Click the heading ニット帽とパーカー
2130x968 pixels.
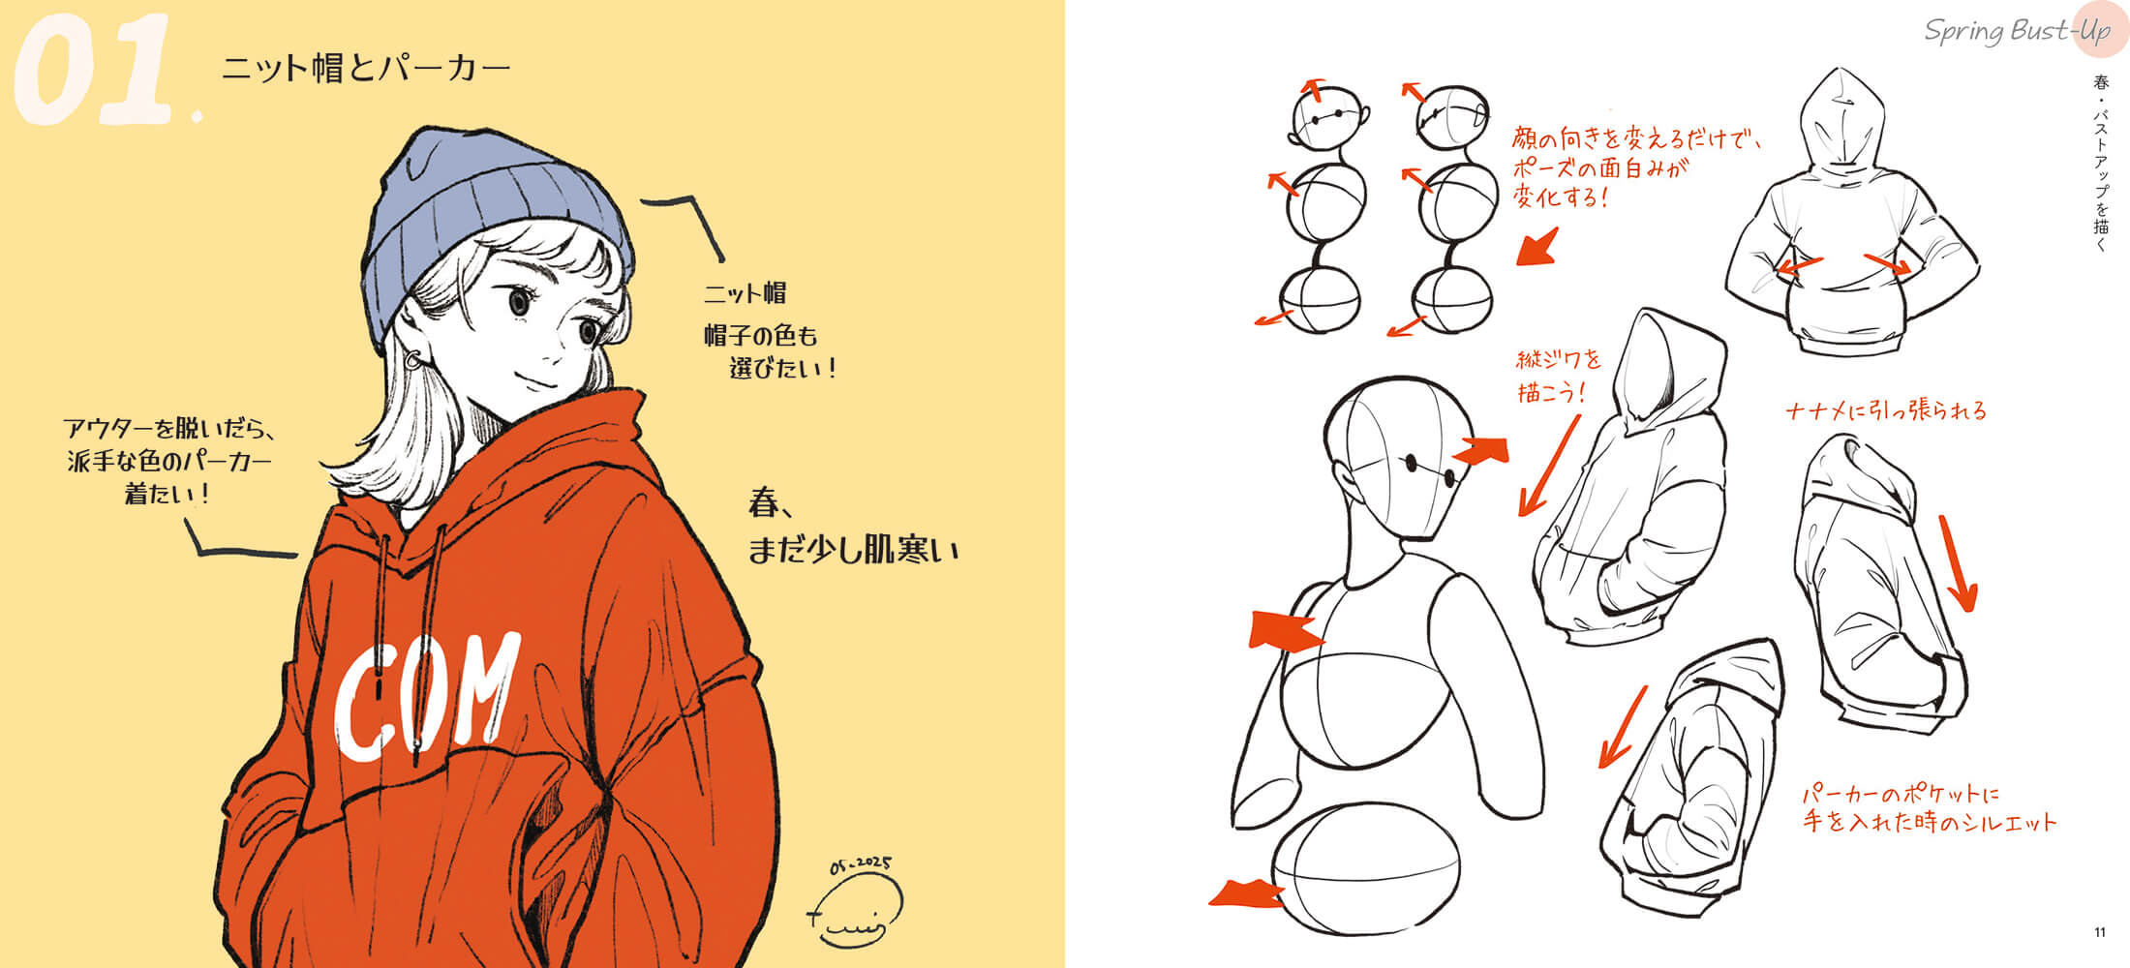click(x=366, y=69)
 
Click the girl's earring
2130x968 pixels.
click(x=412, y=361)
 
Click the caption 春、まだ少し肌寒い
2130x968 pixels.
click(x=852, y=527)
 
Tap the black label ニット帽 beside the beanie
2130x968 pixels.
click(x=745, y=293)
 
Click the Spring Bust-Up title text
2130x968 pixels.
click(x=2017, y=32)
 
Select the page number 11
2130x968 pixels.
click(x=2099, y=932)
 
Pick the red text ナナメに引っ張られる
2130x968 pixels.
click(x=1885, y=410)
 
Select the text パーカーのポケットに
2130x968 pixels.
click(x=1900, y=795)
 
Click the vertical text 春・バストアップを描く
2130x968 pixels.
click(x=2100, y=164)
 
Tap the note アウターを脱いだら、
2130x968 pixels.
click(x=170, y=428)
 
